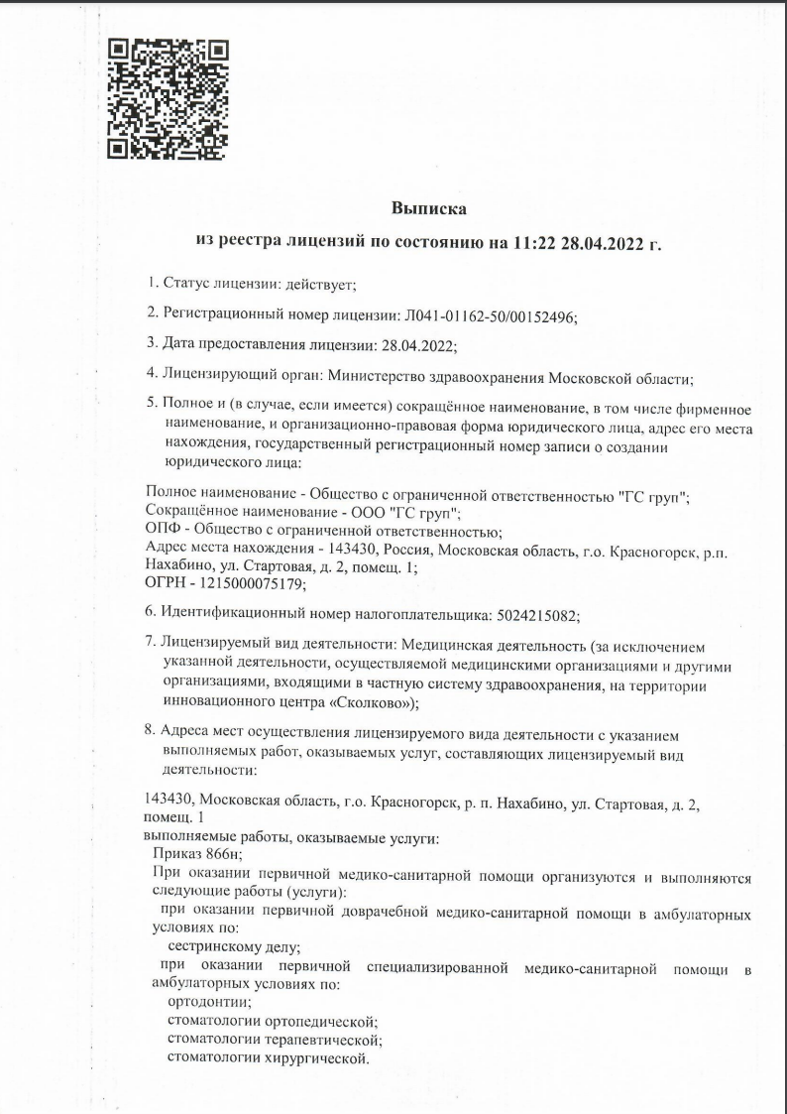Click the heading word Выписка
coord(427,208)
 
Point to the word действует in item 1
coord(318,284)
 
